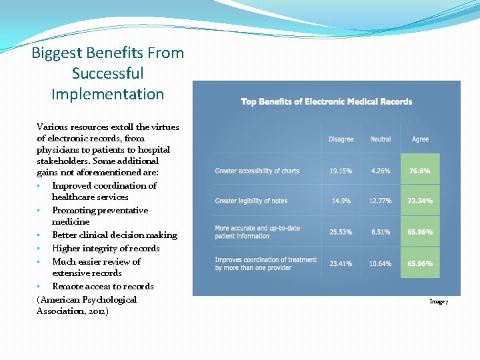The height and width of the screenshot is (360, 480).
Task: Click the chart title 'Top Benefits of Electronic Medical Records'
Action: coord(327,102)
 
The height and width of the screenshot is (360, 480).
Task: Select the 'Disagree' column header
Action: coord(341,139)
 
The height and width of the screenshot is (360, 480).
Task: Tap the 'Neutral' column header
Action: coord(381,139)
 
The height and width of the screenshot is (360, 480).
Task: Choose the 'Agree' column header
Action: coord(420,139)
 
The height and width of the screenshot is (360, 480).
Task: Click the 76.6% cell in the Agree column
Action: coord(420,171)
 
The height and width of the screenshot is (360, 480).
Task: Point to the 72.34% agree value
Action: coord(420,201)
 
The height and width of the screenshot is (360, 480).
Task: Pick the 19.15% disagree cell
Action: coord(341,171)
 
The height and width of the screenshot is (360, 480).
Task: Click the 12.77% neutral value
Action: coord(381,201)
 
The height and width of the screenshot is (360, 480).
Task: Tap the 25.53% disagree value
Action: coord(341,232)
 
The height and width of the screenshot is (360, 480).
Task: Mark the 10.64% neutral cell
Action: coord(381,263)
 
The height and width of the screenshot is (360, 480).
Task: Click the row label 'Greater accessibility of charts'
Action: coord(257,171)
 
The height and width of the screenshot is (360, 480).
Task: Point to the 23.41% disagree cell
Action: coord(341,263)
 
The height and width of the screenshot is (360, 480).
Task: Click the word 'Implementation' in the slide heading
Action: coord(107,94)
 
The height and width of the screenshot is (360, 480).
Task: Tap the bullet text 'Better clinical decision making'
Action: coord(115,235)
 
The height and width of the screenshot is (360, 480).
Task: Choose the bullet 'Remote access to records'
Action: coord(103,286)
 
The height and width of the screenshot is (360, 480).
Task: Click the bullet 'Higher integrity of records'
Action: coord(106,248)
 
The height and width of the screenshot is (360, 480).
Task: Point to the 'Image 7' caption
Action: coord(439,302)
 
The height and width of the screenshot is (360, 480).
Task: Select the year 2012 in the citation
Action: coord(96,311)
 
